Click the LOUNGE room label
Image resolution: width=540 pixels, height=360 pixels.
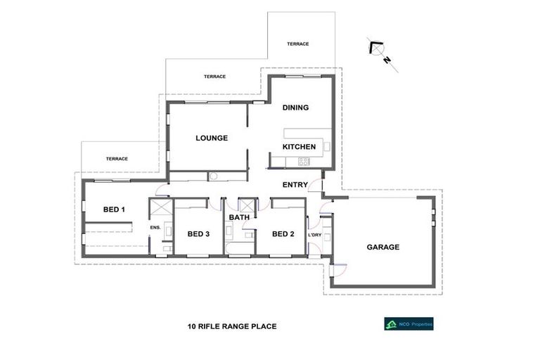211,138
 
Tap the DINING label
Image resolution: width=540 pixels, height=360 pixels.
295,108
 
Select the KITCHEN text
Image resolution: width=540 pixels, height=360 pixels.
299,147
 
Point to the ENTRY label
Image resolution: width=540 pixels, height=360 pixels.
295,185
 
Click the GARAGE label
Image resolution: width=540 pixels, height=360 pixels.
383,247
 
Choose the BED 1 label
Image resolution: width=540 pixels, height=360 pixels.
114,209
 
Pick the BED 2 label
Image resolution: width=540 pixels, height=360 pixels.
283,233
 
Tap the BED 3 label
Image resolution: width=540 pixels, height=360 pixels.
198,233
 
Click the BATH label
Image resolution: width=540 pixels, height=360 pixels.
239,218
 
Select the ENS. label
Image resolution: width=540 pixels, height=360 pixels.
156,228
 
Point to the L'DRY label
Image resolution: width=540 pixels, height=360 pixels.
314,234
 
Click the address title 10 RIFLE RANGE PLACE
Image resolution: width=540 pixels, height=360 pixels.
232,326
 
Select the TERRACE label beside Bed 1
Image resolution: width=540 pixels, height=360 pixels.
117,159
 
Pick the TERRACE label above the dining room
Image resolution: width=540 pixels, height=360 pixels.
297,44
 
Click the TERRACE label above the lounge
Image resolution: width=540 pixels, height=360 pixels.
214,76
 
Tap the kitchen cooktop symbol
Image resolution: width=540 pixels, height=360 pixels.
304,161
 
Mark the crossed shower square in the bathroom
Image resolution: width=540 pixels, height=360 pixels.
247,206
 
